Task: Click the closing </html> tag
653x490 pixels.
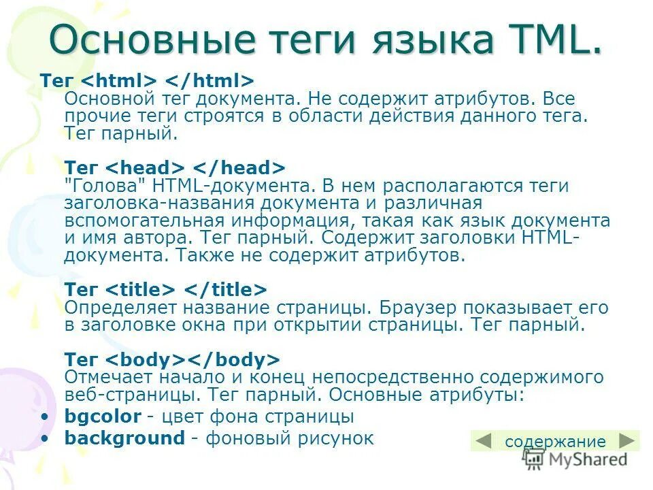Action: tap(211, 80)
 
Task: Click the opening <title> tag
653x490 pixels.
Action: tap(141, 289)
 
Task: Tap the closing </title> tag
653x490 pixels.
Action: tap(227, 289)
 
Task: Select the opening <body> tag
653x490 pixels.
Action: tap(146, 359)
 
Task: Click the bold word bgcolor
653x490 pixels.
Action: tap(103, 416)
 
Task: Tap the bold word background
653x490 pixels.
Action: tap(124, 438)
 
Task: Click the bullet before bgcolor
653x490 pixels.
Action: tap(45, 416)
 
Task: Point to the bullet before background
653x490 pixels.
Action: tap(45, 438)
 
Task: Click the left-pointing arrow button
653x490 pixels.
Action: tap(484, 441)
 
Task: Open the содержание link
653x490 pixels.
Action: tap(555, 442)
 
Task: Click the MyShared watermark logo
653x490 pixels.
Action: tap(575, 459)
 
